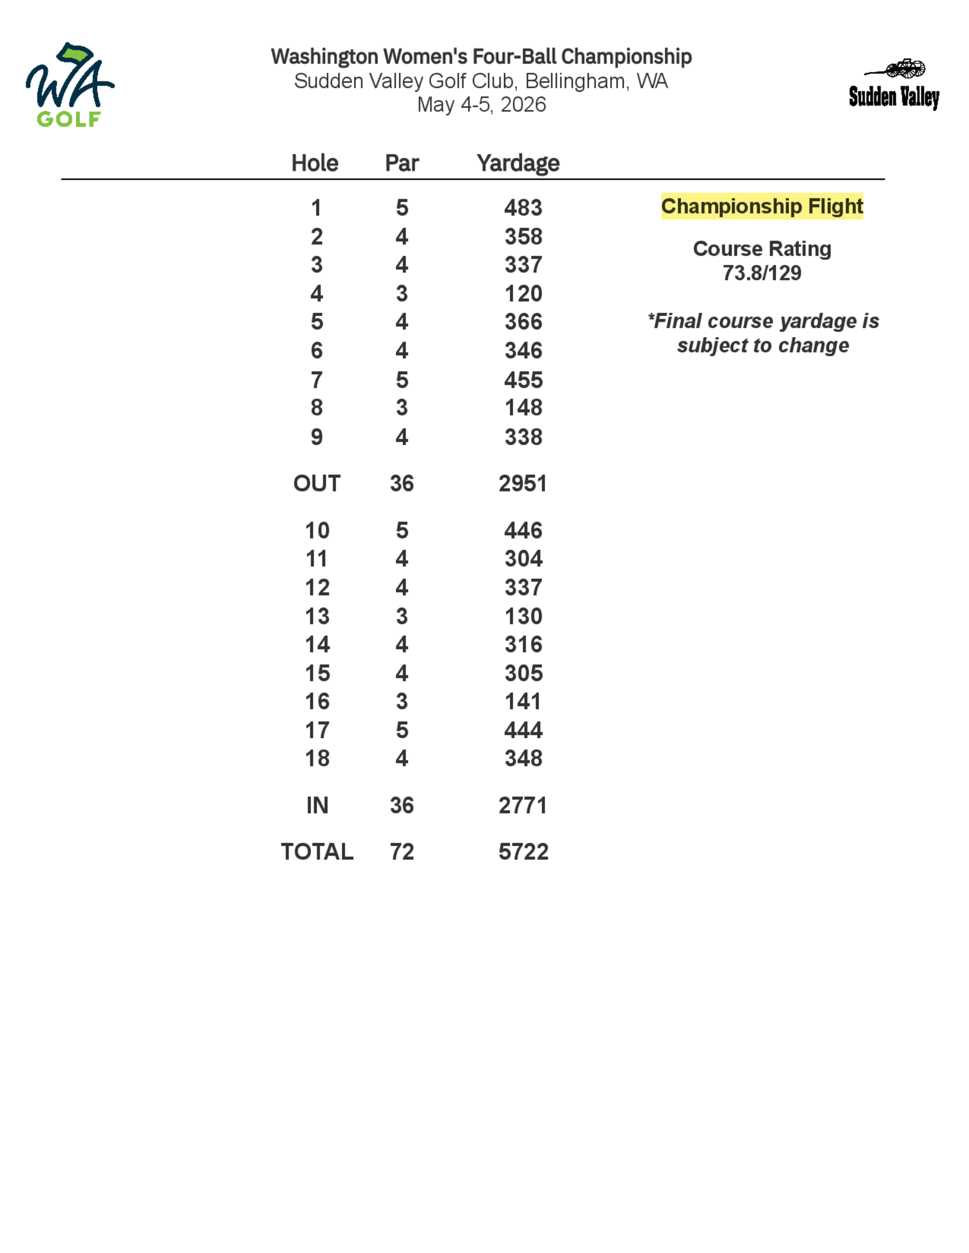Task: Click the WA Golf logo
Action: pyautogui.click(x=69, y=85)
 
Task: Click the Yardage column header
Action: pyautogui.click(x=518, y=163)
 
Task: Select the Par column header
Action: pyautogui.click(x=402, y=163)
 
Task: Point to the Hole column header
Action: pyautogui.click(x=314, y=163)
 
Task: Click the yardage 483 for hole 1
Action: pyautogui.click(x=523, y=208)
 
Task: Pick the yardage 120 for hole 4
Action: pyautogui.click(x=523, y=294)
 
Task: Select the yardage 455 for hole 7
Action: pyautogui.click(x=523, y=380)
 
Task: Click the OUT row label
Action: pyautogui.click(x=317, y=484)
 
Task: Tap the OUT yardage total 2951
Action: pyautogui.click(x=522, y=484)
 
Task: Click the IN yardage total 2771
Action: pyautogui.click(x=522, y=806)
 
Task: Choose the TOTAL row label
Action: pyautogui.click(x=317, y=852)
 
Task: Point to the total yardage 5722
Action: pyautogui.click(x=523, y=852)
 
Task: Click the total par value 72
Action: pyautogui.click(x=402, y=852)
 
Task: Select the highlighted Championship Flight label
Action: pyautogui.click(x=762, y=206)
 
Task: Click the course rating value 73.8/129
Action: pyautogui.click(x=762, y=273)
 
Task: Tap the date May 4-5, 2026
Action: pyautogui.click(x=481, y=105)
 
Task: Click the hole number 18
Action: pyautogui.click(x=317, y=759)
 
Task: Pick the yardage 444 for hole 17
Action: pyautogui.click(x=523, y=730)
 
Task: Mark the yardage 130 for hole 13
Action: pyautogui.click(x=523, y=616)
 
